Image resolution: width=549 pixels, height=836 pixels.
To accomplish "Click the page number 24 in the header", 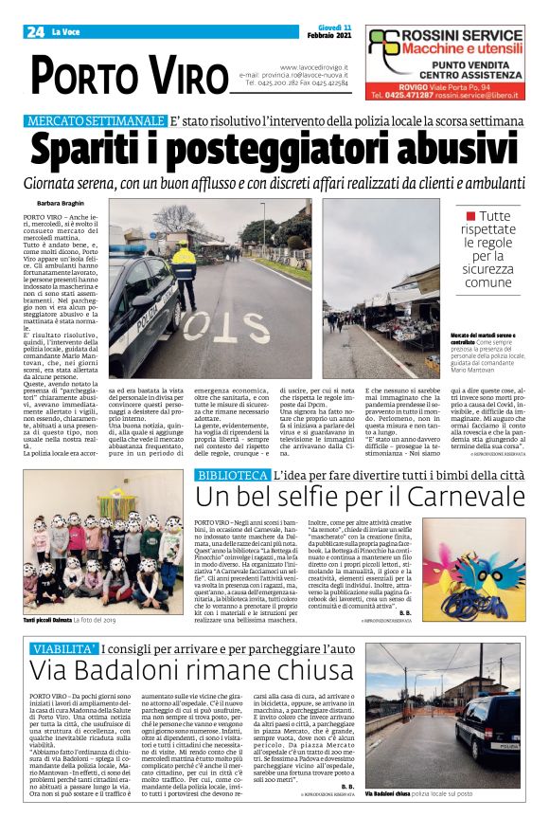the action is pos(35,32).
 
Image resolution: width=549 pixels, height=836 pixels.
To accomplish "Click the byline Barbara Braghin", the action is pos(62,204).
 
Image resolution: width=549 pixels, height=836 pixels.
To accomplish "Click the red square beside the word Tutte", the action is pos(470,216).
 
